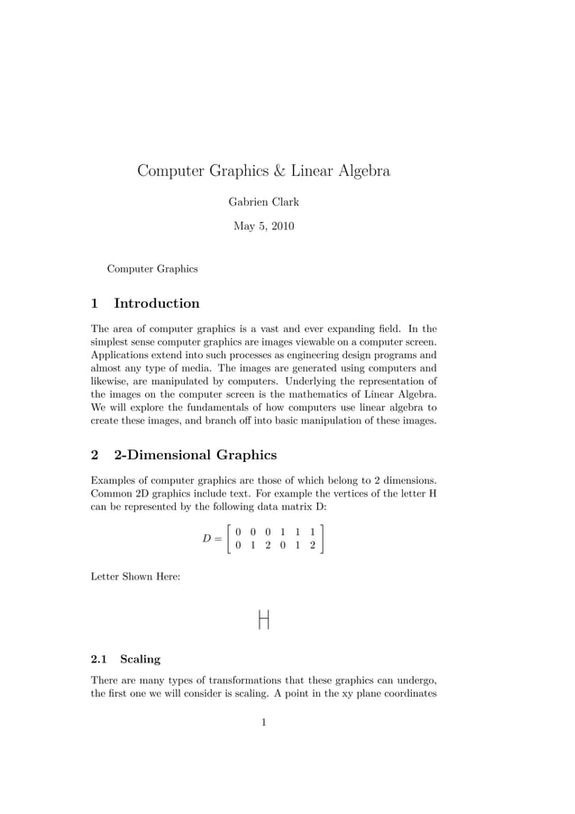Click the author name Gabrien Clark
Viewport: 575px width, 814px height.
(x=263, y=202)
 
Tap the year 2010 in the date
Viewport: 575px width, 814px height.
(x=279, y=227)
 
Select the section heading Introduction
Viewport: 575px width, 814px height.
(x=157, y=303)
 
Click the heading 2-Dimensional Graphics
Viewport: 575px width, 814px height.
(x=195, y=455)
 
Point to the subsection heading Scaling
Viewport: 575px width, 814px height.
(x=140, y=660)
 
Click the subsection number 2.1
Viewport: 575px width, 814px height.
(x=100, y=660)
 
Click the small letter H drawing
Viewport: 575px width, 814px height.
(x=264, y=620)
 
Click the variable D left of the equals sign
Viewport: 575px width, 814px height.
(x=206, y=539)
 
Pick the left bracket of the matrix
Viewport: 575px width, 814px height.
(x=232, y=539)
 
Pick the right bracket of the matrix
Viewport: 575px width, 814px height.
(x=321, y=539)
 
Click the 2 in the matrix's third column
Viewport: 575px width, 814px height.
(x=268, y=546)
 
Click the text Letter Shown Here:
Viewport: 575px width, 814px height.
(x=136, y=575)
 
